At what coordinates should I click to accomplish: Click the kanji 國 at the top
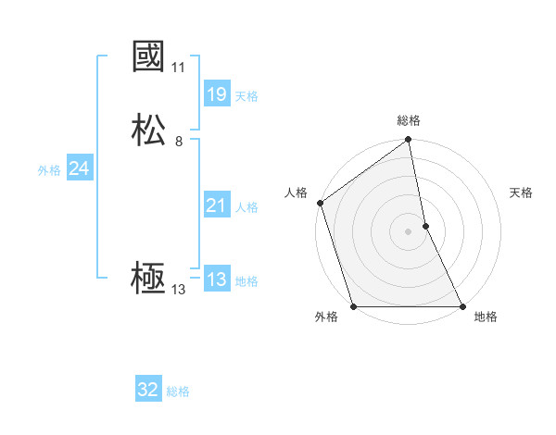148,57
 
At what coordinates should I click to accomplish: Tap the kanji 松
148,130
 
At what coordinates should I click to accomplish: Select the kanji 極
148,279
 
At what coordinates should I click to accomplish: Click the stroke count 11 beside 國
179,68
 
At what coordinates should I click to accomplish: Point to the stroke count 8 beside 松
179,142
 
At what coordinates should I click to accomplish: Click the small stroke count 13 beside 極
179,290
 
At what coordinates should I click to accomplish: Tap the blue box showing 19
216,93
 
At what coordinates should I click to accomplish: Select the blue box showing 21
216,205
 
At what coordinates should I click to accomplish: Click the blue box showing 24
79,168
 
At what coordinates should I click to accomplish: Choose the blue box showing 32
148,390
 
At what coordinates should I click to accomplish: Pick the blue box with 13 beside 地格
216,280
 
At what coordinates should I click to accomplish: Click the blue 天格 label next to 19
246,95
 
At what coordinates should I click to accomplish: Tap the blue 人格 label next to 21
246,207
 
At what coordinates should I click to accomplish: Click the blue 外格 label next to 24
49,170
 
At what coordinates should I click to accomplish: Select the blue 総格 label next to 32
178,391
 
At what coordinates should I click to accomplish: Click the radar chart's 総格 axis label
409,120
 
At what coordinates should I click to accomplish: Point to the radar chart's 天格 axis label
521,193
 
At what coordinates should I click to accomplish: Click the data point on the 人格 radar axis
320,203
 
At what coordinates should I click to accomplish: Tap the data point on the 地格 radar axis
462,306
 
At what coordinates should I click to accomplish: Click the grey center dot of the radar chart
408,231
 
